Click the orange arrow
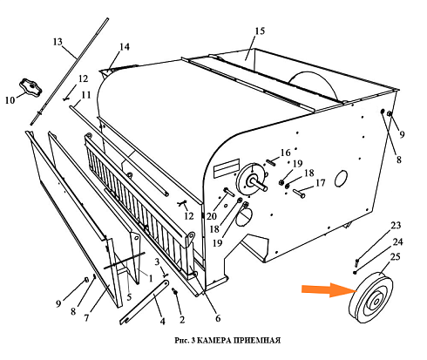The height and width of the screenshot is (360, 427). click(329, 290)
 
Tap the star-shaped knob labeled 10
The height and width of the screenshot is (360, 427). click(30, 86)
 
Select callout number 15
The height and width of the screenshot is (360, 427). click(260, 31)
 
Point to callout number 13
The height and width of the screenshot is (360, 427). click(58, 42)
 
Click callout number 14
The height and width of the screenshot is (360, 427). click(125, 47)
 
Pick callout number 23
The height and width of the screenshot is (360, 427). click(396, 225)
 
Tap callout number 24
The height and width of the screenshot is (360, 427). click(398, 241)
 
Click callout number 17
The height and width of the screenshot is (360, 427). click(321, 183)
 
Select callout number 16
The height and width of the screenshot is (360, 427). click(286, 153)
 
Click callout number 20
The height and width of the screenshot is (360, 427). click(212, 216)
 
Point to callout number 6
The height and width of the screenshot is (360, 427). click(218, 318)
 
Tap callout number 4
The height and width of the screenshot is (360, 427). click(163, 321)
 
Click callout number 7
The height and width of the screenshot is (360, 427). click(86, 318)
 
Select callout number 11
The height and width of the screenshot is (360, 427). click(86, 95)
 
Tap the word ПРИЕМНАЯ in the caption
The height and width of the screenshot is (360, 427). click(256, 340)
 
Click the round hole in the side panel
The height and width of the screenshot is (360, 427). click(341, 179)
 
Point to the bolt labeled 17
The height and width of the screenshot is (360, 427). click(299, 194)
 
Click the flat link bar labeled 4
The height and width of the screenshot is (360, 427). click(145, 302)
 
